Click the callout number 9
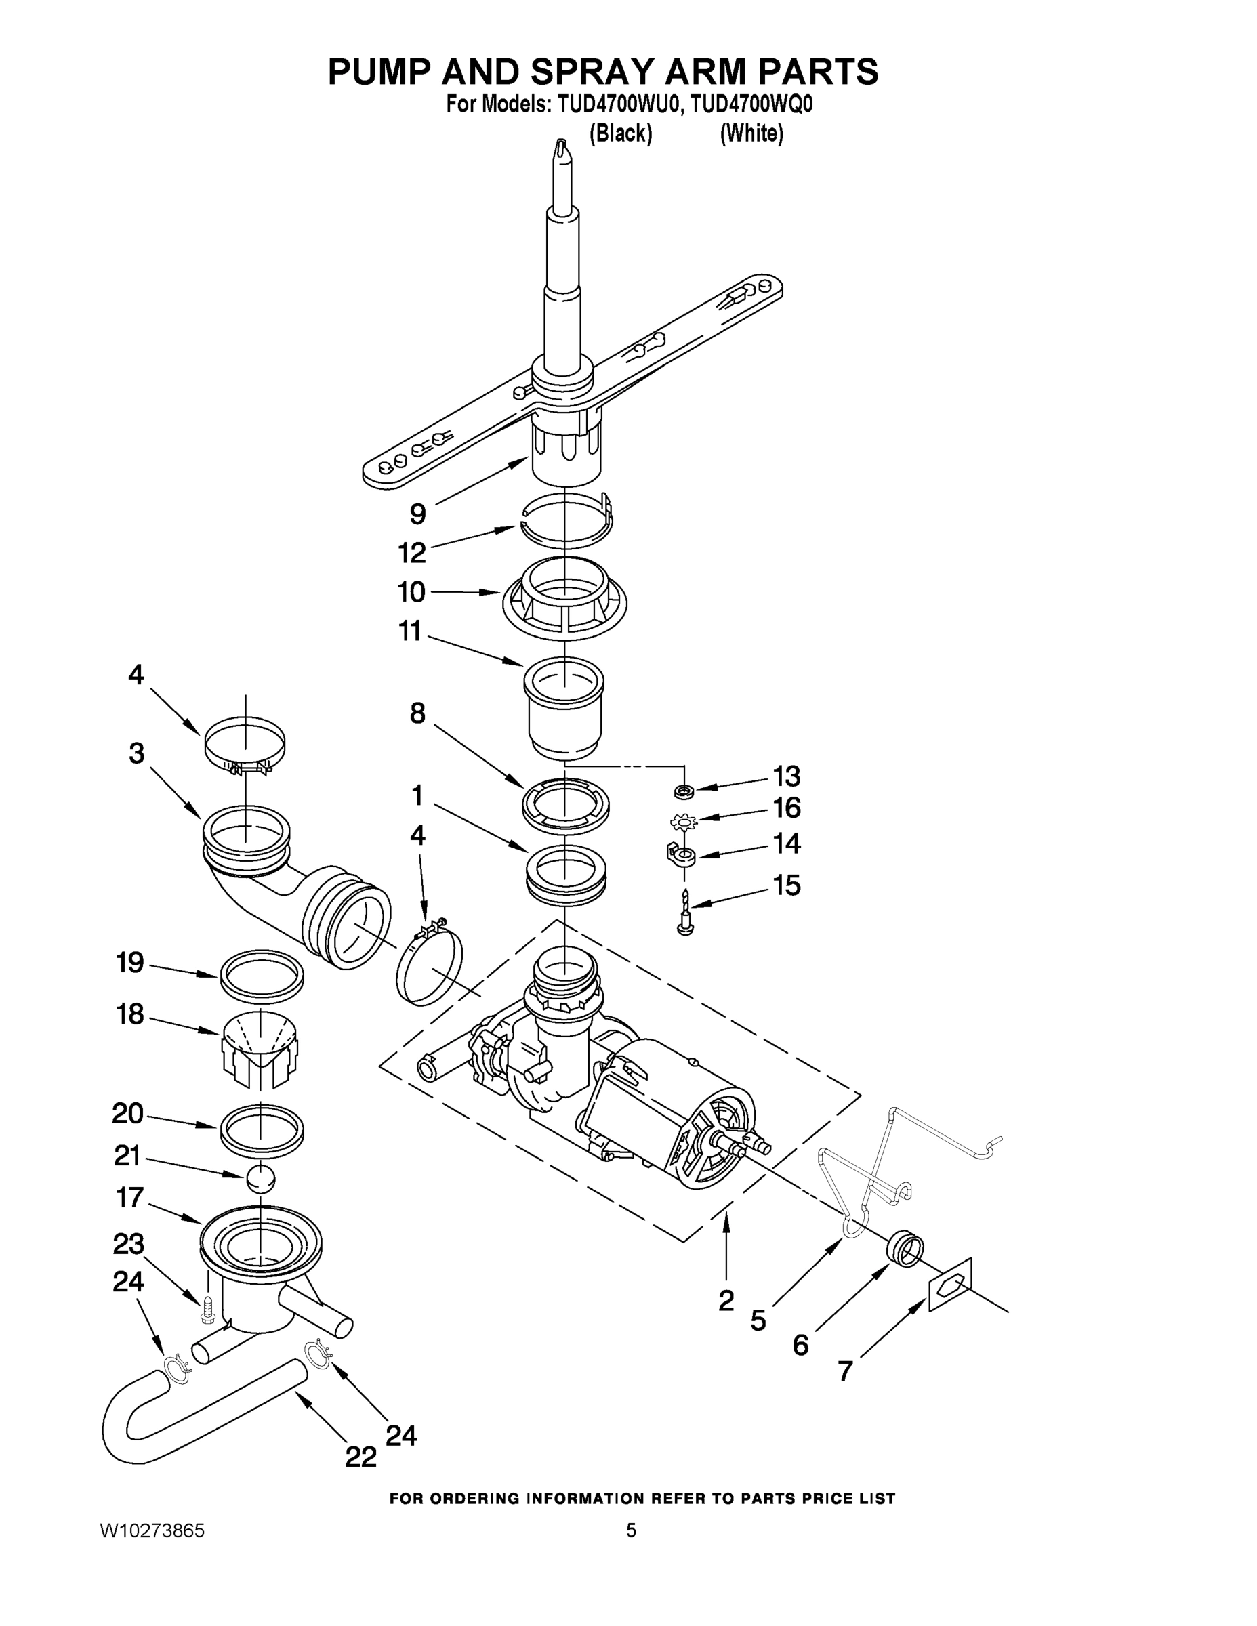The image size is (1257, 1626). [418, 514]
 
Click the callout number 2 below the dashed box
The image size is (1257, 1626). [726, 1300]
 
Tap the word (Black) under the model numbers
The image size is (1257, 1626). [620, 134]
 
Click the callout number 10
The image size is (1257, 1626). [411, 593]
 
